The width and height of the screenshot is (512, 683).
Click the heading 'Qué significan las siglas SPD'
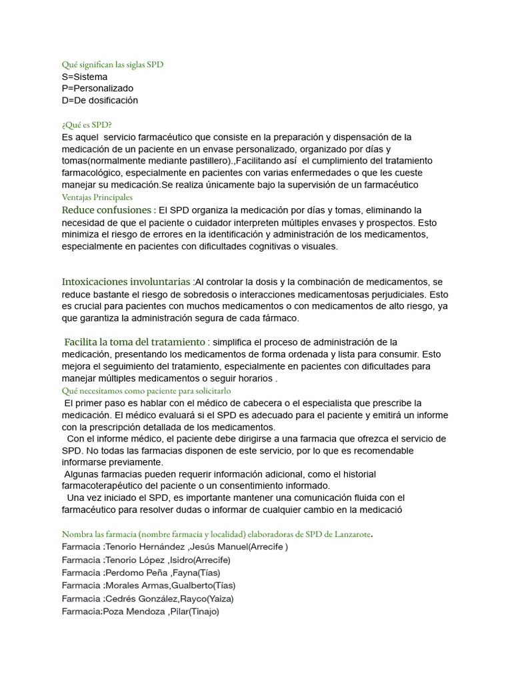click(x=112, y=65)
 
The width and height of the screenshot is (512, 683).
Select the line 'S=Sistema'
click(x=84, y=77)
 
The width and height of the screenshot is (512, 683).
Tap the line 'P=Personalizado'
click(x=97, y=89)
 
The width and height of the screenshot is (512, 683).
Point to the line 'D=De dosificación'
click(x=99, y=101)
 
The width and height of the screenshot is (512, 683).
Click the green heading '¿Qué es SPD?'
click(x=87, y=125)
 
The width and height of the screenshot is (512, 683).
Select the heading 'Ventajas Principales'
click(x=97, y=197)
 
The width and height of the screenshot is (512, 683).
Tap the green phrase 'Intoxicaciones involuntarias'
click(x=126, y=281)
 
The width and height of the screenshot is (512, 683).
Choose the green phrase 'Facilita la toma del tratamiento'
click(x=134, y=342)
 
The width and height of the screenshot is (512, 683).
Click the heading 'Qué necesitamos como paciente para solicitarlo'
click(x=146, y=391)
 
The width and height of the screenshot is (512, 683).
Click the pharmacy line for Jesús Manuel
click(x=175, y=547)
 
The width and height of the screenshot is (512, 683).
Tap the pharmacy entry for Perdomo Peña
click(x=141, y=572)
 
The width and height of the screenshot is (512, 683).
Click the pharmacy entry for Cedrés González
click(x=148, y=598)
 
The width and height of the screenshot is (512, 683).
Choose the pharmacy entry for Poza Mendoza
click(x=140, y=610)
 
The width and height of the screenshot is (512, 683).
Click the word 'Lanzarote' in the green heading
click(x=347, y=534)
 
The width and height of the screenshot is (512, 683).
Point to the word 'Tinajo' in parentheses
click(x=204, y=610)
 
